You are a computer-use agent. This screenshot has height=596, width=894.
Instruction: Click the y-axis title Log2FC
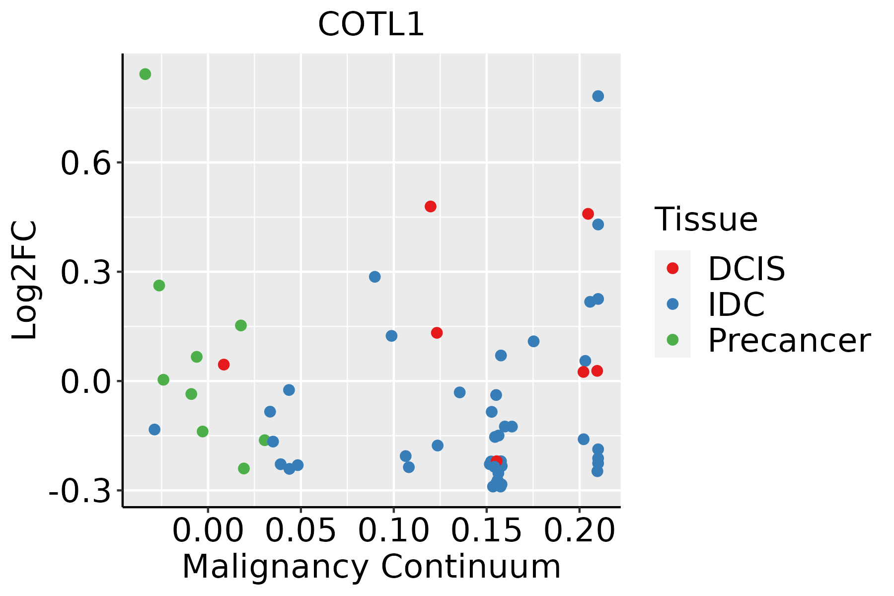(25, 280)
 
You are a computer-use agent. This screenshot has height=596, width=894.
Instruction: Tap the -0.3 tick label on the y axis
(79, 492)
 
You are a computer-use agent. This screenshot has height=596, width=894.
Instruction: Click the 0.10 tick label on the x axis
(393, 531)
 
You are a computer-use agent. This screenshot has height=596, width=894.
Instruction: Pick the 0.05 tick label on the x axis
(300, 531)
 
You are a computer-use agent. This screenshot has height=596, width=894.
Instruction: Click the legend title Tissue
(706, 220)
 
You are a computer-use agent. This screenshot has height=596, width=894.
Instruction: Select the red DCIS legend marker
(672, 268)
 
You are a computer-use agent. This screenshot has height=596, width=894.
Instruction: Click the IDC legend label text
(736, 304)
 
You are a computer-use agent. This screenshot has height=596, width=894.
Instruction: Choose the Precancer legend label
(789, 341)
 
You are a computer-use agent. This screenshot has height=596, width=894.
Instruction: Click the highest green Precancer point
(145, 74)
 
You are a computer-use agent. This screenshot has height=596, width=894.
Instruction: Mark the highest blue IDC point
(598, 96)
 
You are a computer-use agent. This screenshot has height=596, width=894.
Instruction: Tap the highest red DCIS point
(431, 207)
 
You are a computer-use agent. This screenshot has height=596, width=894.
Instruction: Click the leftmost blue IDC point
(154, 430)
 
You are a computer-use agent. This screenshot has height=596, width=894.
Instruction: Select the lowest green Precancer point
(244, 468)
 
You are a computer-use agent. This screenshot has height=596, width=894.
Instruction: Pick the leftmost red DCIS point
(224, 365)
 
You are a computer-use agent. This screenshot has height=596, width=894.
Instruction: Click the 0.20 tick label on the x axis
(579, 531)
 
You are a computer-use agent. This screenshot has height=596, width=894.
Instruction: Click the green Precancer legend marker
(672, 340)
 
